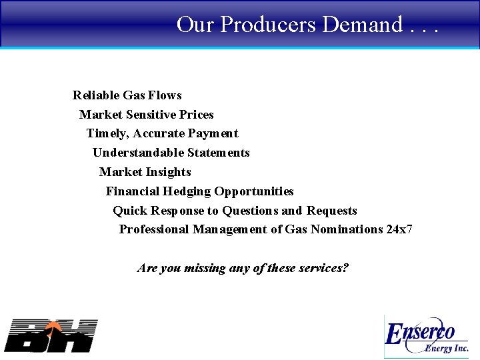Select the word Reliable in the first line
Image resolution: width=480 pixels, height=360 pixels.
tap(96, 95)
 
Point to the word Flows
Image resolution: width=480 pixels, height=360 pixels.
tap(165, 95)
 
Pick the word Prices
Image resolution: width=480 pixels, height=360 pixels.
tap(197, 115)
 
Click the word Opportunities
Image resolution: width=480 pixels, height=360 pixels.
tap(254, 191)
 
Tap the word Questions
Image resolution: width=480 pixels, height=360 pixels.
tap(250, 211)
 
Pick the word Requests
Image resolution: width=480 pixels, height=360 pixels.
tap(332, 211)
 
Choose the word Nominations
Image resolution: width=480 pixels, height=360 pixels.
tap(343, 229)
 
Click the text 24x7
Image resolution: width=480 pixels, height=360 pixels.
tap(399, 229)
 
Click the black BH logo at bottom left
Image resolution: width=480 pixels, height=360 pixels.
tap(51, 335)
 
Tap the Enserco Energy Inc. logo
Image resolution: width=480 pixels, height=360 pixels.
tap(427, 337)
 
